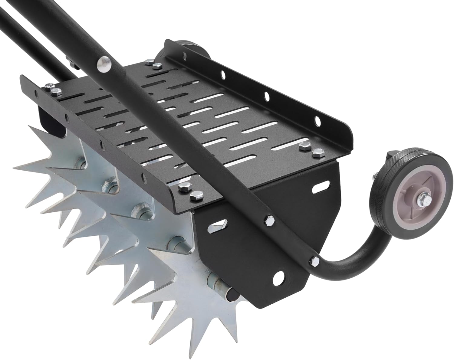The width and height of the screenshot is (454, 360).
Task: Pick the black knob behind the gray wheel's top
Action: click(x=390, y=157)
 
